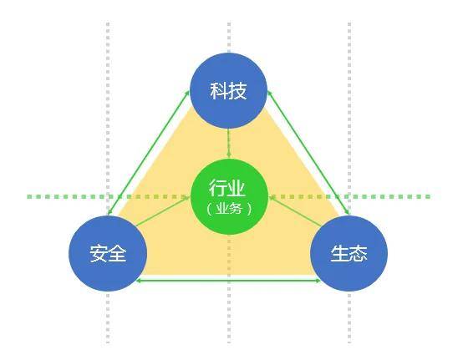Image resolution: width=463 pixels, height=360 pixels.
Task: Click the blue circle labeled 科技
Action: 228,90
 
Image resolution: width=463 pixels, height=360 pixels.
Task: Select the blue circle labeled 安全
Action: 108,253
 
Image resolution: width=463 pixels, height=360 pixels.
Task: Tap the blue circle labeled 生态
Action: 349,253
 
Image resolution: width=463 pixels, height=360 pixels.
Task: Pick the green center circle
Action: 229,197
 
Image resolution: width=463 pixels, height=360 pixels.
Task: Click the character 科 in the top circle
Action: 219,90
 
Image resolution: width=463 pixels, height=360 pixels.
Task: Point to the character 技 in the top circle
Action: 237,90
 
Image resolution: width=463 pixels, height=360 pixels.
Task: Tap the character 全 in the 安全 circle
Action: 117,253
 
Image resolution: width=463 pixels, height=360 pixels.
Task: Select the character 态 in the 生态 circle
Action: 359,253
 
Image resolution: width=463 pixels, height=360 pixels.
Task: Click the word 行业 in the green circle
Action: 227,188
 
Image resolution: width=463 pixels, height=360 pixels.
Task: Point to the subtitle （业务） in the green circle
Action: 229,209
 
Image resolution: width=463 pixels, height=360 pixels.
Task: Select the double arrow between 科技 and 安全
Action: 149,152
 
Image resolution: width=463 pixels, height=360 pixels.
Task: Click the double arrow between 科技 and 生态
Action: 309,152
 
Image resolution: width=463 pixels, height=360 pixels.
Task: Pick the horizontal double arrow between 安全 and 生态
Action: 228,281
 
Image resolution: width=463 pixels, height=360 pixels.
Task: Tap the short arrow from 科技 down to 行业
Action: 228,143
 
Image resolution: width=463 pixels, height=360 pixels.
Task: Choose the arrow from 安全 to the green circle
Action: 163,211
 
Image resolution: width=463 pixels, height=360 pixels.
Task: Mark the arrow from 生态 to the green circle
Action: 296,211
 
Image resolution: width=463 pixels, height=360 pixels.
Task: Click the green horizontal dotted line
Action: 229,196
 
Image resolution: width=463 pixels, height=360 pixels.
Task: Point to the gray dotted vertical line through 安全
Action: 108,182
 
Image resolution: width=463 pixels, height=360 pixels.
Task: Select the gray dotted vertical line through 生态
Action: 349,182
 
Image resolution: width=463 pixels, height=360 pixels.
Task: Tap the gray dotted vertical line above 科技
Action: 229,37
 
